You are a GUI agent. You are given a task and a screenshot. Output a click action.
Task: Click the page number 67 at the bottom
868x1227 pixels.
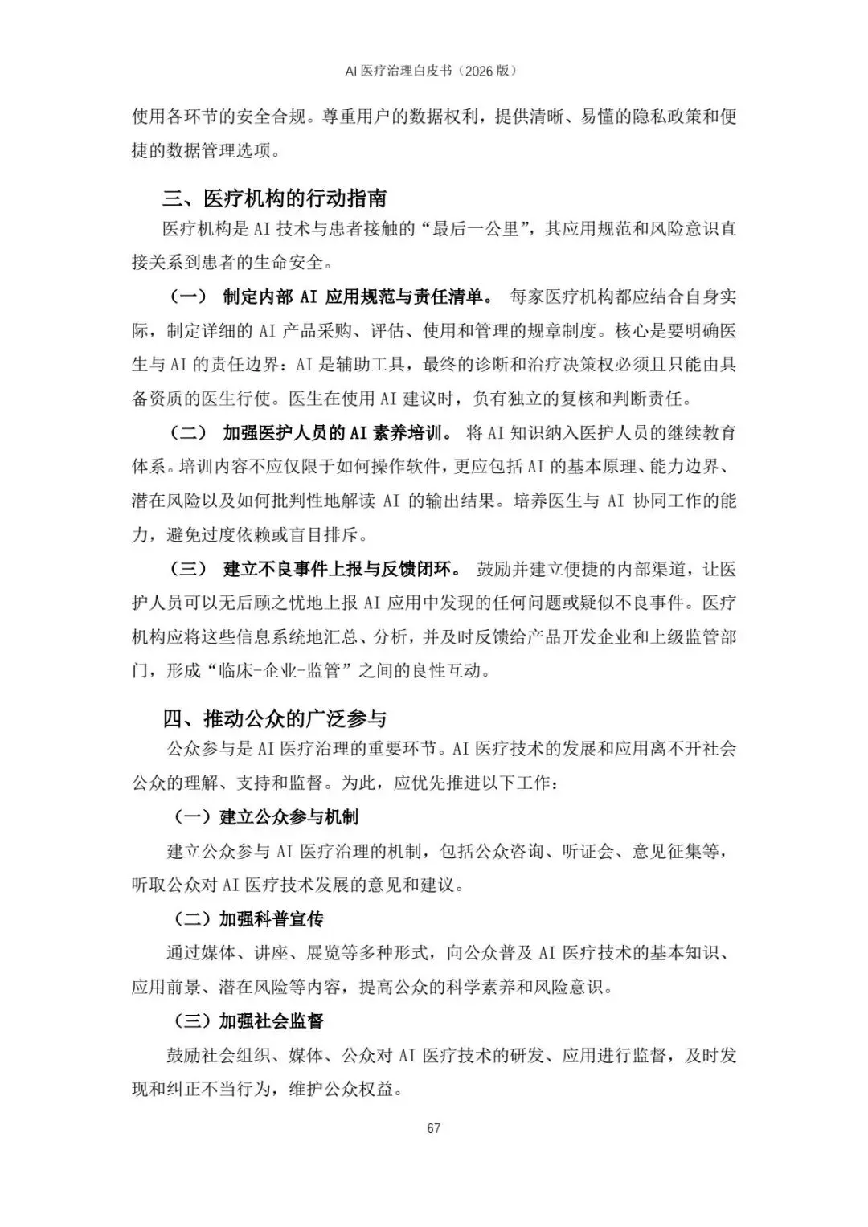point(434,1128)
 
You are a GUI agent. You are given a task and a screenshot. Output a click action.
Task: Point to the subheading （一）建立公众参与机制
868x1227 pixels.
point(266,817)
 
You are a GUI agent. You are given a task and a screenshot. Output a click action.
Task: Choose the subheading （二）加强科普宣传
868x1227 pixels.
point(249,919)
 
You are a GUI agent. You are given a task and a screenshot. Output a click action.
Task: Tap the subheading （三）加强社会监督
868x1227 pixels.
point(249,1021)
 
